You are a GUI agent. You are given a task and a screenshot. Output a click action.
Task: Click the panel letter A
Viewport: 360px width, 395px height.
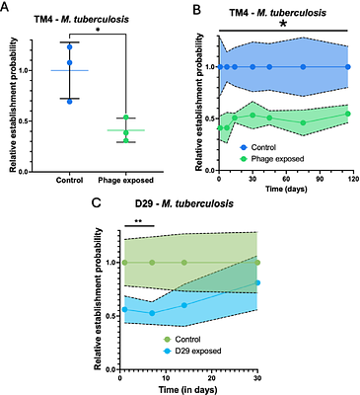[10, 8]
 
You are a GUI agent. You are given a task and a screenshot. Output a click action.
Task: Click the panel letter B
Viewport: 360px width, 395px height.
[196, 8]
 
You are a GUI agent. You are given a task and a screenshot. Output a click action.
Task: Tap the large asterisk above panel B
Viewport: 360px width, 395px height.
[284, 22]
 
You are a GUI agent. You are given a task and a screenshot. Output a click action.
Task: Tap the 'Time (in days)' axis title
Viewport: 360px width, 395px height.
[185, 391]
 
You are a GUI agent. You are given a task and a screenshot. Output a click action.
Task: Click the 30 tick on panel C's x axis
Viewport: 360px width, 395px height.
[256, 379]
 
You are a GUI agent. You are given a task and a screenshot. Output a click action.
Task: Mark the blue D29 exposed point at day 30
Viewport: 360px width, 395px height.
[256, 283]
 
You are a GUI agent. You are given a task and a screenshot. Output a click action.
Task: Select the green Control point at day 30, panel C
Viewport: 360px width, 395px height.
[256, 263]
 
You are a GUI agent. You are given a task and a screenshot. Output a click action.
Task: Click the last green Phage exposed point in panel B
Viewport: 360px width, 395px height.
[348, 114]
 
